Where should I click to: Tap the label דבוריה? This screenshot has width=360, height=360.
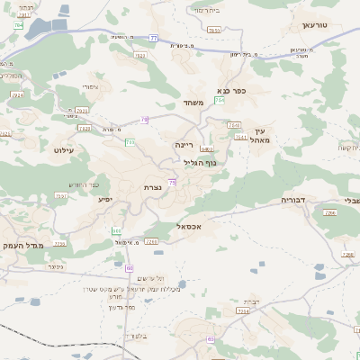click(x=294, y=200)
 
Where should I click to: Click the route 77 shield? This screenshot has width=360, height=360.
click(x=153, y=39)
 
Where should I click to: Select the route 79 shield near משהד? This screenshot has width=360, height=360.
click(x=144, y=119)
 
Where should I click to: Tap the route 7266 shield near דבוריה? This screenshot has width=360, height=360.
click(x=330, y=213)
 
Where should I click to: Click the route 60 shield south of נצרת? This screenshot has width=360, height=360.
click(x=130, y=268)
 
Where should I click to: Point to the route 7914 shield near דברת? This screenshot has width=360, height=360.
click(x=241, y=310)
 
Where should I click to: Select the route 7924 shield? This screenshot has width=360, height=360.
click(x=18, y=94)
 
